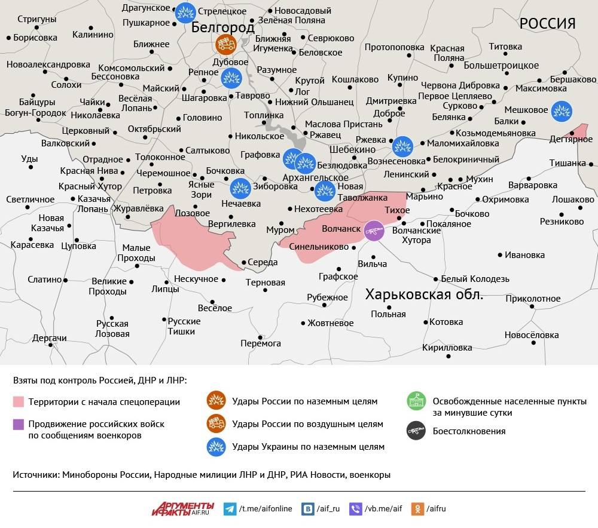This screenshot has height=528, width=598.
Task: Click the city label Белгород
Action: pos(223,27)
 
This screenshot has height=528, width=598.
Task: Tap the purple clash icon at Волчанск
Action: pos(374,231)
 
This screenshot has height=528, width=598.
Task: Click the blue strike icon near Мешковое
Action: pos(561,110)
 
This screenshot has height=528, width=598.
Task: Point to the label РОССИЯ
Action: pos(547,23)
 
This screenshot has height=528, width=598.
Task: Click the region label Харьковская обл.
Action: pos(424,294)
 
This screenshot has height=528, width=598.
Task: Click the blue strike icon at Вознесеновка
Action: pos(402,146)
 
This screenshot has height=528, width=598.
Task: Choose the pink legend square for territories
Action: pos(19,401)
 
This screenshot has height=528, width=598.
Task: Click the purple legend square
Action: pos(19,424)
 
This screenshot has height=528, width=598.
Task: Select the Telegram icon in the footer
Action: pos(229,509)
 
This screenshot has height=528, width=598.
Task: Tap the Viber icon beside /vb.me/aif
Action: pos(356,509)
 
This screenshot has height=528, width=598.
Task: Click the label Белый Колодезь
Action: pos(475,279)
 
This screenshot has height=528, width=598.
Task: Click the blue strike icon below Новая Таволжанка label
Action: pos(325,191)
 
